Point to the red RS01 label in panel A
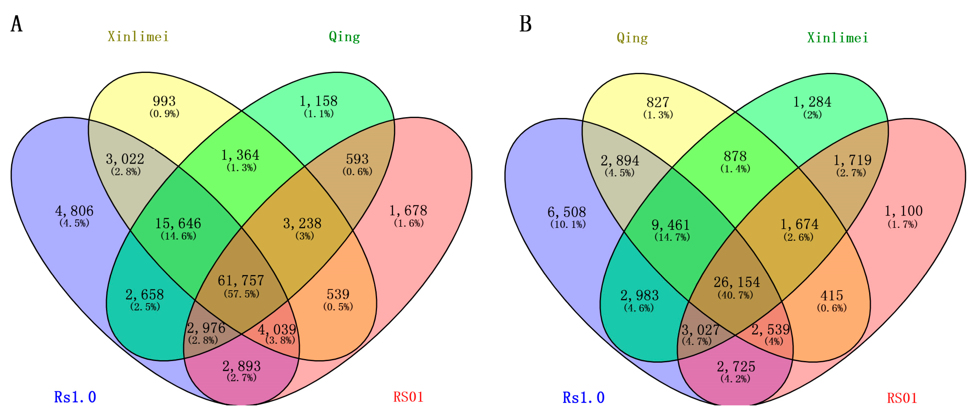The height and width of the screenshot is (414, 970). [x=409, y=397]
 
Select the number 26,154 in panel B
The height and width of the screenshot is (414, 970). [x=736, y=282]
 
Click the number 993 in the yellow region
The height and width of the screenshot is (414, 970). [x=164, y=101]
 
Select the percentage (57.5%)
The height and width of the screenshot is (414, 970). [x=241, y=294]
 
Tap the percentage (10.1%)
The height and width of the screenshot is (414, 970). [x=568, y=224]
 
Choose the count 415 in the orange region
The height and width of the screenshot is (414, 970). [x=831, y=295]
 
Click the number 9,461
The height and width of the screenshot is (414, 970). [x=671, y=225]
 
